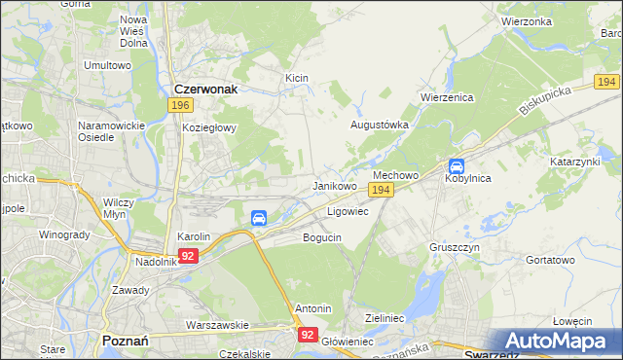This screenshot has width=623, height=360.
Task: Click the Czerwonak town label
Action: pyautogui.click(x=206, y=86)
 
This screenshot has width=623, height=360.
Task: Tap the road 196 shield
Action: pyautogui.click(x=178, y=104)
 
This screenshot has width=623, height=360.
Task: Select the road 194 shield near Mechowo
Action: pyautogui.click(x=382, y=191)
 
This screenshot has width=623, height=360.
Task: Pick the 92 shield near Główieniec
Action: pyautogui.click(x=308, y=334)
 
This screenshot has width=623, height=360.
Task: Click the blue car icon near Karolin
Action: pyautogui.click(x=260, y=218)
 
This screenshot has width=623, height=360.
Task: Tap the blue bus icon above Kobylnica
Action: pyautogui.click(x=456, y=165)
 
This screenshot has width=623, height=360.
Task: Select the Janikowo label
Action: pyautogui.click(x=334, y=185)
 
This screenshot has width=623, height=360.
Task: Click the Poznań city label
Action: pyautogui.click(x=125, y=341)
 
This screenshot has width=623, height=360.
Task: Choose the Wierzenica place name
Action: pyautogui.click(x=447, y=97)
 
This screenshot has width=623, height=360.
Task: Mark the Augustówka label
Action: pyautogui.click(x=379, y=125)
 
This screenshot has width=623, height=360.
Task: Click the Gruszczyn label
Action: pyautogui.click(x=454, y=247)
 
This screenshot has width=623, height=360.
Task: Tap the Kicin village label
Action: pyautogui.click(x=296, y=77)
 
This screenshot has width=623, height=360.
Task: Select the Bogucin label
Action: pyautogui.click(x=322, y=236)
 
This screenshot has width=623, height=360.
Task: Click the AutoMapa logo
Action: pyautogui.click(x=554, y=341)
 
